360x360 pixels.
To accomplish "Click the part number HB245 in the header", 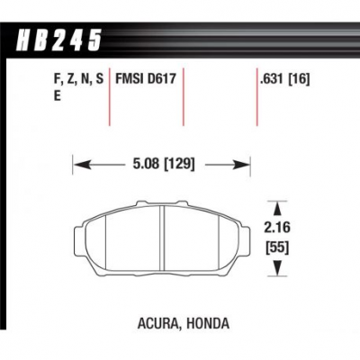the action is point(58,40).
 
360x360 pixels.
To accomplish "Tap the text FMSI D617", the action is point(146,79).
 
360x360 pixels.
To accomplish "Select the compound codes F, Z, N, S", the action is point(79,80).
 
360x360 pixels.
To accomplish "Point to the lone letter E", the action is point(57,96).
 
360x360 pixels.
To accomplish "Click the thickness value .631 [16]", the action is point(284,79).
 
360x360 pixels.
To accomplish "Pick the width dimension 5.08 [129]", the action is point(164,165).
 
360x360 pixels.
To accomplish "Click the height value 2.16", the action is point(277,228).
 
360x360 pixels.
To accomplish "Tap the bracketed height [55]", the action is point(277,248).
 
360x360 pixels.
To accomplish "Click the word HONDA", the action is point(208,323).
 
